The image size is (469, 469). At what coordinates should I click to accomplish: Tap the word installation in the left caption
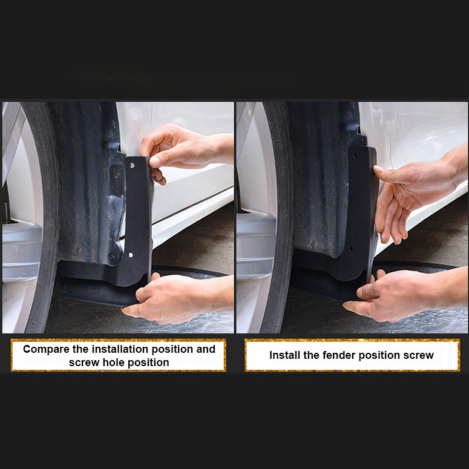click(120, 349)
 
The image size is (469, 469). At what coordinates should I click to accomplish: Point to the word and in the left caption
click(206, 349)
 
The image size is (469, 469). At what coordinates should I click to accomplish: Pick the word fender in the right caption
click(339, 355)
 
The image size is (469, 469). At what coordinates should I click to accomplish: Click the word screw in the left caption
click(84, 363)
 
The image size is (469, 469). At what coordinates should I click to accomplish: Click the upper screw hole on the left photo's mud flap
click(131, 165)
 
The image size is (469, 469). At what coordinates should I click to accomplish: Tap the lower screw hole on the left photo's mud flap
click(130, 255)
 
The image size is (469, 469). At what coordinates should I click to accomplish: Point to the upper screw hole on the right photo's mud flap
click(355, 156)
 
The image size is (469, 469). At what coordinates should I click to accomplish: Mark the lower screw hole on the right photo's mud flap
click(350, 248)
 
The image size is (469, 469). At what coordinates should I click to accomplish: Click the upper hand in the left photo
click(185, 149)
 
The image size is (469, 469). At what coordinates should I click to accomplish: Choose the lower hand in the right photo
click(407, 295)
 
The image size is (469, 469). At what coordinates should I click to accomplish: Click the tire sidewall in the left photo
click(45, 215)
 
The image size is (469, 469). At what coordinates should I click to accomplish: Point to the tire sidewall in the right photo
click(280, 215)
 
